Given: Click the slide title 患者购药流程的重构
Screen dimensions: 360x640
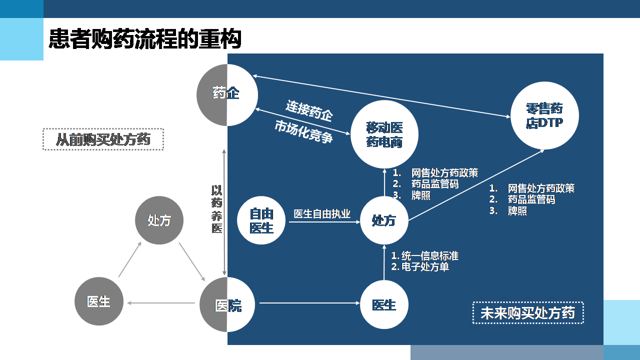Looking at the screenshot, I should (x=145, y=39).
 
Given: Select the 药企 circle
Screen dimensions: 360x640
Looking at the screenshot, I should (x=227, y=94).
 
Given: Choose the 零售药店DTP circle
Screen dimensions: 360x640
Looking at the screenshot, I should (x=544, y=115).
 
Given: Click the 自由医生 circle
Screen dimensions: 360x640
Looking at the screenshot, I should (x=261, y=220).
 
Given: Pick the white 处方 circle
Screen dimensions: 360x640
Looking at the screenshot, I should (x=384, y=220).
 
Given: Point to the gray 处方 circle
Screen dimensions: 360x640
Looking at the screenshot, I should (x=159, y=220).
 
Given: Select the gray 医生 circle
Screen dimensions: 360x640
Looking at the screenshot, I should (x=98, y=301).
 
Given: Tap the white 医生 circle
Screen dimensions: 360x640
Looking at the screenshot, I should (x=384, y=304).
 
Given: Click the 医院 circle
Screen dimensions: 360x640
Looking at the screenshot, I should (x=227, y=304).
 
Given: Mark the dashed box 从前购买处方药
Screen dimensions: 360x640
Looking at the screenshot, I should (x=103, y=139).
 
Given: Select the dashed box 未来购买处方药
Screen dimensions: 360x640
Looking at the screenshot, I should (x=528, y=313).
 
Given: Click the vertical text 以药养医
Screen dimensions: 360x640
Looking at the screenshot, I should (x=216, y=209).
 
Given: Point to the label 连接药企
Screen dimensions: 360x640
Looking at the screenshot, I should (x=309, y=110).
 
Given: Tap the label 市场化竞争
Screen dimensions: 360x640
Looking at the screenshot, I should (x=303, y=132).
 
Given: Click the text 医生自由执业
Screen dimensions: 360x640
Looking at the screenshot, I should (x=322, y=214).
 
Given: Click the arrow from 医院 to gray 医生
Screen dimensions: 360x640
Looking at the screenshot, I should (x=161, y=303).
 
